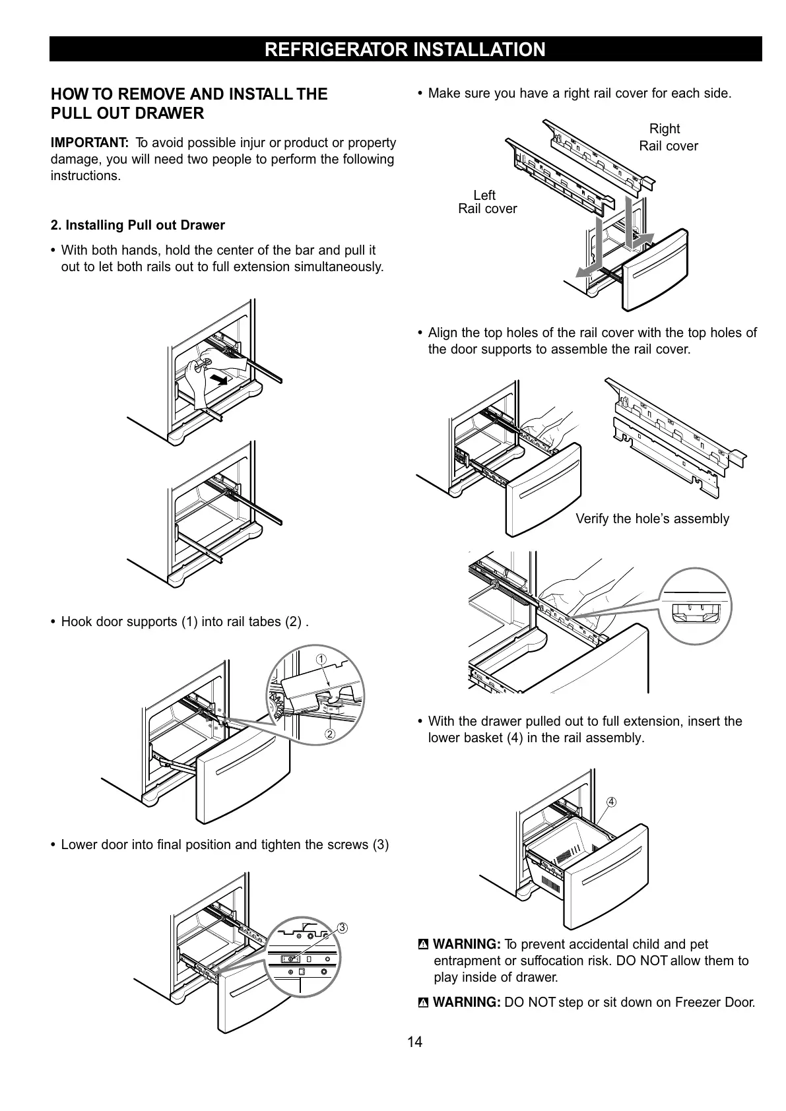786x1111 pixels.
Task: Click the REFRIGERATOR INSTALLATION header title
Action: pos(405,49)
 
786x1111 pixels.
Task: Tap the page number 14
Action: pos(414,1042)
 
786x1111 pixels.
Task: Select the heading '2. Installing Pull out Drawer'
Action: pos(138,225)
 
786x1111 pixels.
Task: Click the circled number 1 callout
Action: pos(321,660)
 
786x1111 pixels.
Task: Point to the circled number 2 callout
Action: pos(329,734)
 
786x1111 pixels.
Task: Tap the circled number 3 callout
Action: pos(342,928)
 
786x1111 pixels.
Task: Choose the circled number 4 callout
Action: pos(612,802)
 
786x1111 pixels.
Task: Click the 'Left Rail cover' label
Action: pos(487,202)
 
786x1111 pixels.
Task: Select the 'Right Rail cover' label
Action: pos(667,137)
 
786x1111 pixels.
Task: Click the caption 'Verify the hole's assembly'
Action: pos(652,519)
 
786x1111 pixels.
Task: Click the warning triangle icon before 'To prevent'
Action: pos(424,945)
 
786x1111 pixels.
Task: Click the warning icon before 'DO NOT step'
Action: pos(424,1003)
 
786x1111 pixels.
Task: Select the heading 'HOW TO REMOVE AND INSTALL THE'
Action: pos(189,94)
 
